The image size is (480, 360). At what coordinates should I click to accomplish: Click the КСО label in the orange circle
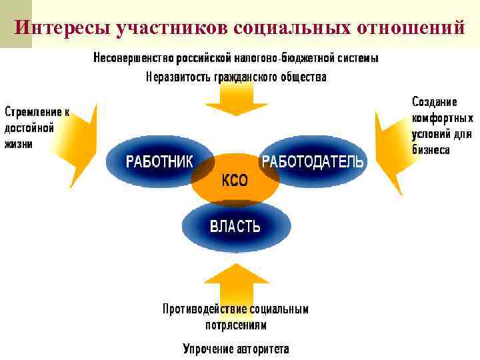click(x=235, y=181)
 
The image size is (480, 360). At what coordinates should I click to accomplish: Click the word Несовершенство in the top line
click(x=133, y=58)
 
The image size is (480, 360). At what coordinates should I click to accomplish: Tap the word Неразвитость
click(x=179, y=77)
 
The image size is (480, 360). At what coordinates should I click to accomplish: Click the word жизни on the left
click(x=19, y=143)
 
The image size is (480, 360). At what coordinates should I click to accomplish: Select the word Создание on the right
click(x=434, y=102)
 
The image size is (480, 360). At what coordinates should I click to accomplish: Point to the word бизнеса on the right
click(x=431, y=150)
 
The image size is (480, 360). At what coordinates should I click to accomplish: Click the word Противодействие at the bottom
click(x=205, y=309)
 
